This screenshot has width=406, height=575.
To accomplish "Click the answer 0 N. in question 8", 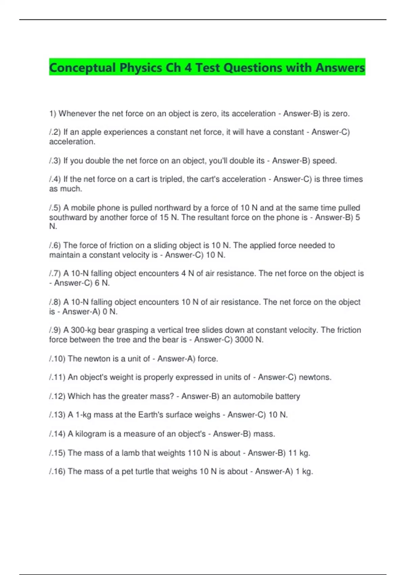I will click(110, 312).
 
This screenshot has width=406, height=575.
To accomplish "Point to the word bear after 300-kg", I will click(107, 330).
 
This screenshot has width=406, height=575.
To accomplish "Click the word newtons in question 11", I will click(315, 377).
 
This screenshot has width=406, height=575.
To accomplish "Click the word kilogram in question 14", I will click(91, 434).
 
